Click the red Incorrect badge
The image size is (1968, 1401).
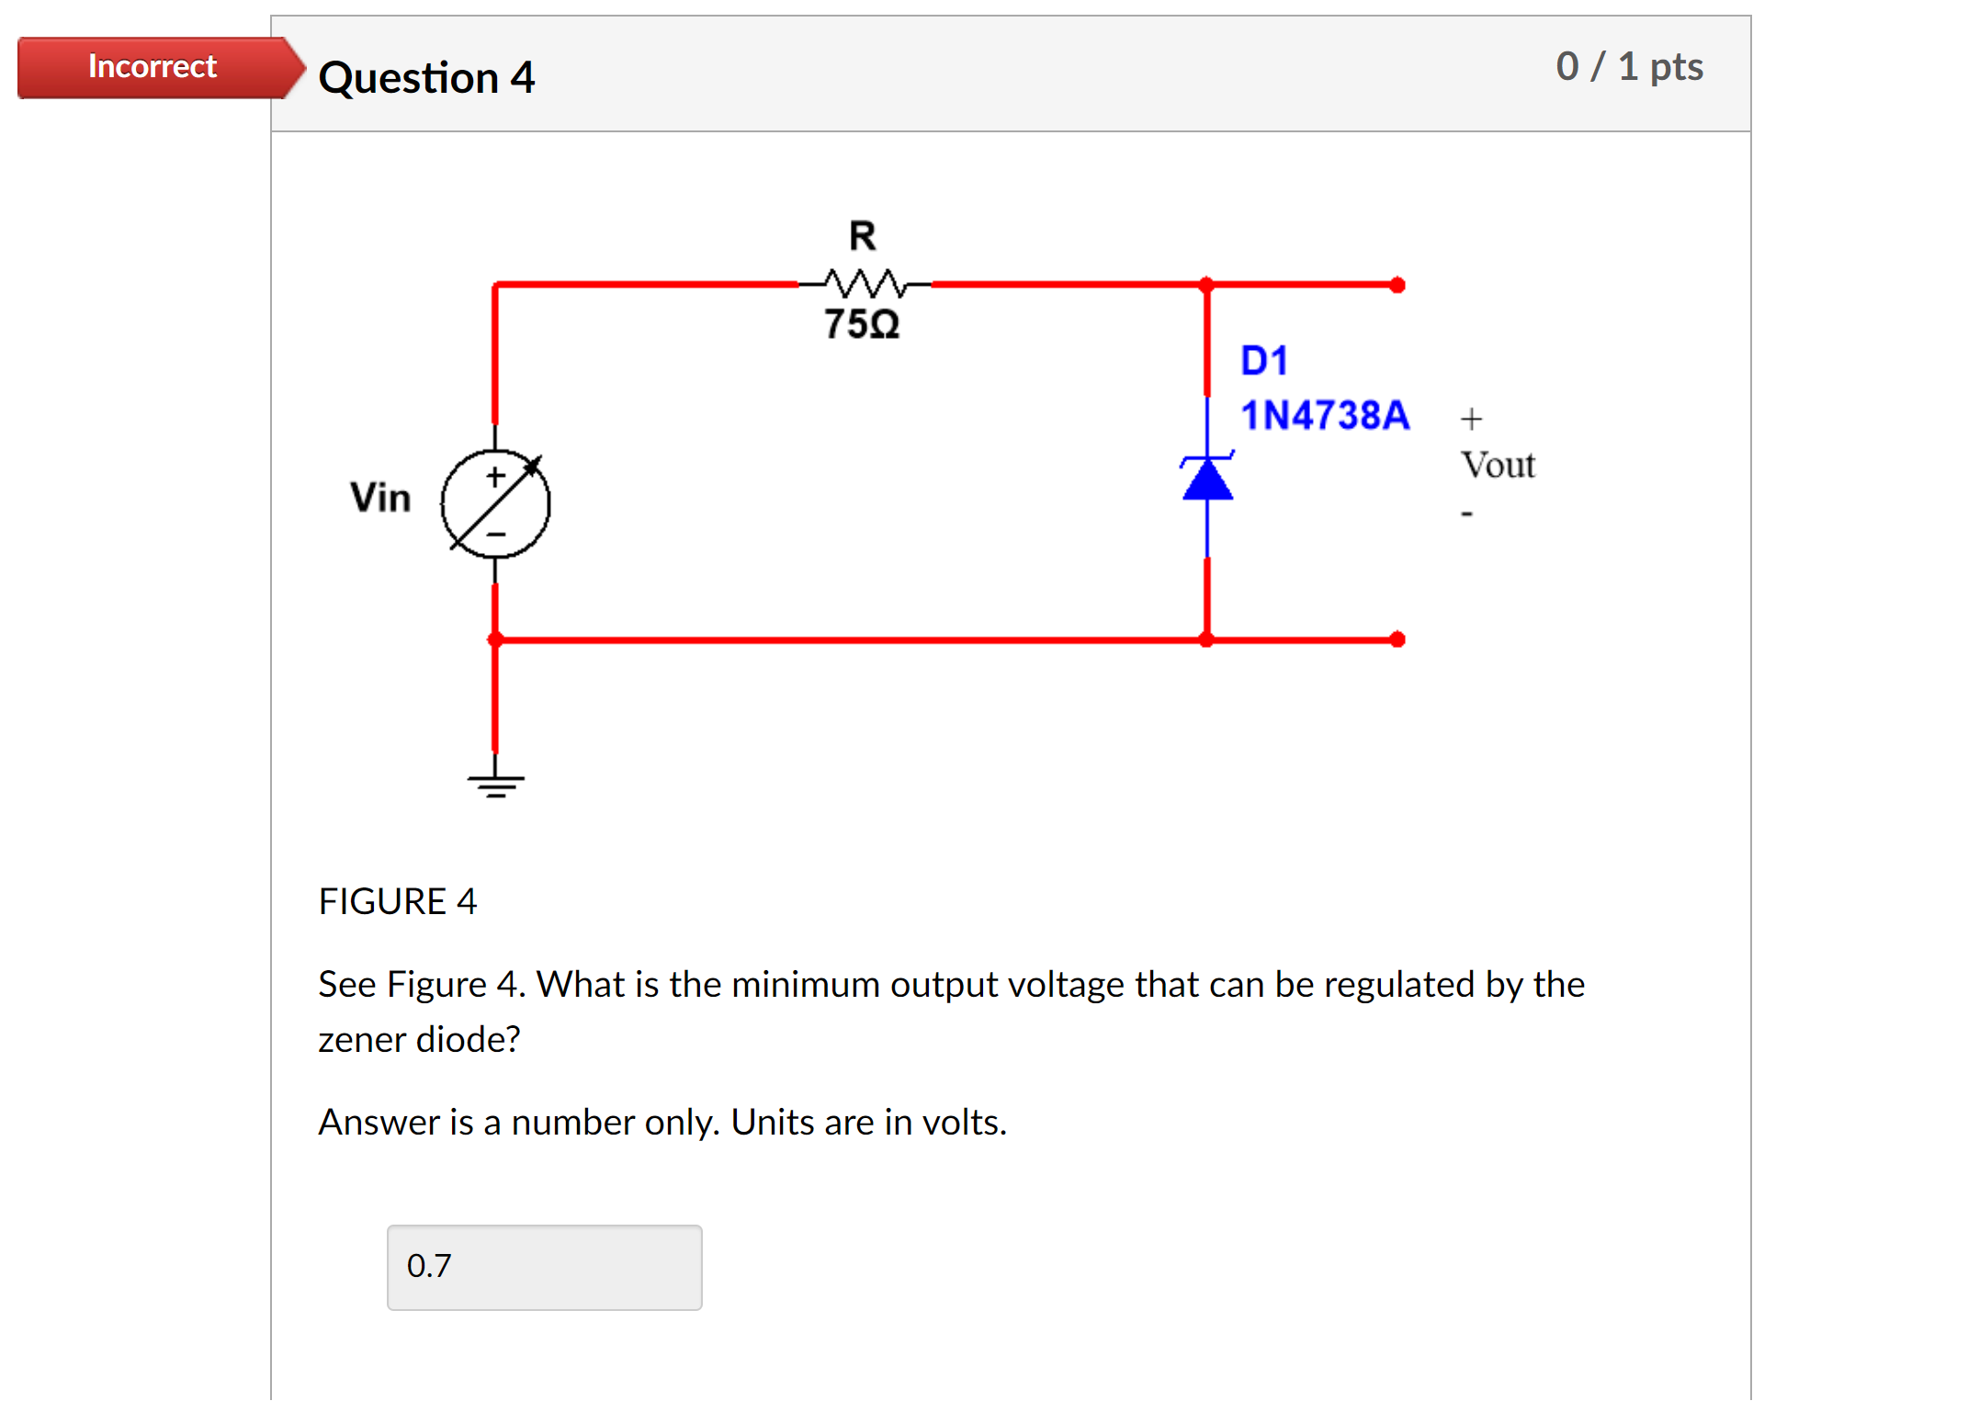[153, 67]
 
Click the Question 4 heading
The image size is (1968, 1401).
[426, 77]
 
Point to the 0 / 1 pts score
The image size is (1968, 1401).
[1629, 66]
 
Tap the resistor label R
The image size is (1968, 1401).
[862, 236]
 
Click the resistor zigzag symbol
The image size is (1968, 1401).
[864, 283]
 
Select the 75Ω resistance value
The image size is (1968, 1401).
[861, 324]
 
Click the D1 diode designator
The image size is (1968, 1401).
[1264, 360]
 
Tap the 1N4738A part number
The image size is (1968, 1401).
[1324, 415]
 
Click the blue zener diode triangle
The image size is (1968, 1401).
[1207, 480]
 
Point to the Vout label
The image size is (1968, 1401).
[1498, 465]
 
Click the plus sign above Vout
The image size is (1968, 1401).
[1471, 419]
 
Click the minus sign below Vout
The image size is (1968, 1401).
[1466, 514]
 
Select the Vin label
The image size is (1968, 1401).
[380, 497]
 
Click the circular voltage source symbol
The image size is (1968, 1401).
[495, 503]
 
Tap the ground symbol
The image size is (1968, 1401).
[495, 784]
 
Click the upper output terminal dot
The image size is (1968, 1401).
[1397, 285]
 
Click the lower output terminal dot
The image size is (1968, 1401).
[1397, 639]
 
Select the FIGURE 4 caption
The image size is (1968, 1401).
[397, 901]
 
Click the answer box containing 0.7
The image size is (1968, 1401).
[544, 1267]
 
